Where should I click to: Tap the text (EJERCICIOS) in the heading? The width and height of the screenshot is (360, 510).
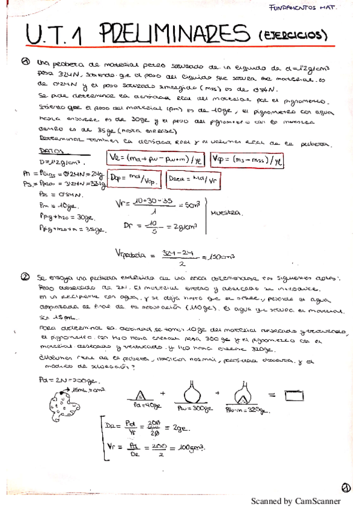tap(291, 36)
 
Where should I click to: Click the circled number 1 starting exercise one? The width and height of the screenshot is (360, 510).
tap(26, 61)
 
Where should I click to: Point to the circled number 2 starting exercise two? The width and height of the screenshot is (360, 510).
tap(24, 277)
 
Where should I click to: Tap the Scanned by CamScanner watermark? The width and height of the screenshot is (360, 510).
tap(295, 500)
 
